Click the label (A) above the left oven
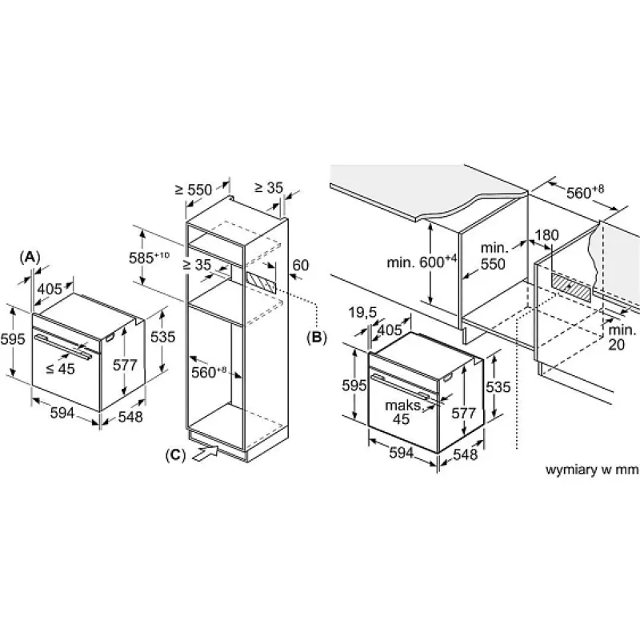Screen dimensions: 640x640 pyautogui.click(x=30, y=257)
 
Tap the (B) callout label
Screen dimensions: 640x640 pyautogui.click(x=317, y=337)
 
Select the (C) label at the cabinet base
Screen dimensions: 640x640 pyautogui.click(x=175, y=454)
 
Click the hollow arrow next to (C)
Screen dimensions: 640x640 pyautogui.click(x=206, y=454)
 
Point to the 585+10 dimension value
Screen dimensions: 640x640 pyautogui.click(x=149, y=258)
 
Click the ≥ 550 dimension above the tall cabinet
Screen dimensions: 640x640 pyautogui.click(x=194, y=190)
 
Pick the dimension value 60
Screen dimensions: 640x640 pyautogui.click(x=301, y=266)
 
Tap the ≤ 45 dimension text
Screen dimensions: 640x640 pyautogui.click(x=61, y=369)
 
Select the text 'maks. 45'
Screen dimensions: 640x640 pyautogui.click(x=403, y=412)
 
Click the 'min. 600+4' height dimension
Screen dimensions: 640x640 pyautogui.click(x=422, y=262)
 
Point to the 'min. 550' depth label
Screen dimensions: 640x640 pyautogui.click(x=494, y=256)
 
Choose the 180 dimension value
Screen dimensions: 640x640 pyautogui.click(x=546, y=235)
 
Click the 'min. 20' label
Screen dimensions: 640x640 pyautogui.click(x=622, y=337)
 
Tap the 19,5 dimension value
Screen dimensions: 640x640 pyautogui.click(x=363, y=314)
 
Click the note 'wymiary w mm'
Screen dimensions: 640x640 pyautogui.click(x=592, y=470)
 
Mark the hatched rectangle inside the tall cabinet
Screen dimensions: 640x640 pyautogui.click(x=261, y=282)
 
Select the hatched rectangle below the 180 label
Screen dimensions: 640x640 pyautogui.click(x=571, y=287)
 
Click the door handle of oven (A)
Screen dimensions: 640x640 pyautogui.click(x=63, y=346)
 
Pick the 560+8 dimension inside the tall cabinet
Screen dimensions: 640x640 pyautogui.click(x=209, y=372)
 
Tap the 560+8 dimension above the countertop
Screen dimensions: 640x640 pyautogui.click(x=585, y=192)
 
